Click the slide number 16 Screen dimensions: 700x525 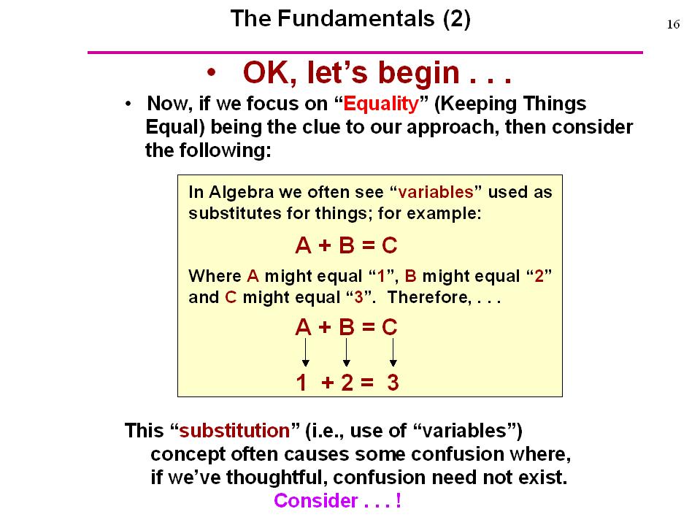[673, 24]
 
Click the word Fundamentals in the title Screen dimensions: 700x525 [355, 19]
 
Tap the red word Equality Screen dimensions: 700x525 [381, 104]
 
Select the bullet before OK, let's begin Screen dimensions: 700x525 [211, 72]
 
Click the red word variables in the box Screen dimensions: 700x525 [435, 192]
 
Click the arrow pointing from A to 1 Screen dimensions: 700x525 [305, 352]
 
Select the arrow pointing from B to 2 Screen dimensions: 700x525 [347, 352]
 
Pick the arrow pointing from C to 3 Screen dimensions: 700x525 [393, 352]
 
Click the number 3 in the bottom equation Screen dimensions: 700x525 [393, 383]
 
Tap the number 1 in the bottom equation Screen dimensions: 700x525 [301, 383]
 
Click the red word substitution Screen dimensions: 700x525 [234, 431]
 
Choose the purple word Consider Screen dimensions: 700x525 [316, 500]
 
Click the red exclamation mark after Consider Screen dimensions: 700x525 [399, 500]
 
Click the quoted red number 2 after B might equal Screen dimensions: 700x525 [539, 276]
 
